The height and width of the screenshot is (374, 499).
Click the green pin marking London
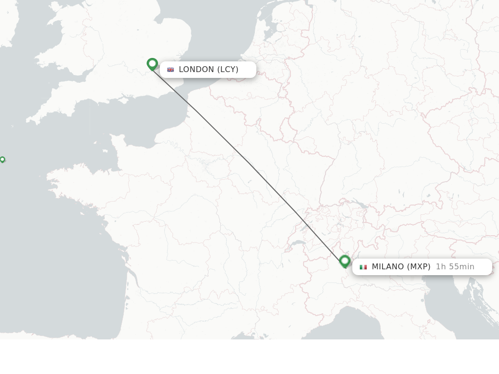coord(152,64)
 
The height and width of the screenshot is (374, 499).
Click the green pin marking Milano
coord(345,262)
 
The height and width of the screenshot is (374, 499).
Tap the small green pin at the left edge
coord(2,159)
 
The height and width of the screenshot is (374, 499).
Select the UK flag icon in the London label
coord(171,70)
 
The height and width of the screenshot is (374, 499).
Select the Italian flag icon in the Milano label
coord(363,267)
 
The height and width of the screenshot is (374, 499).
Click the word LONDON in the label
coord(196,70)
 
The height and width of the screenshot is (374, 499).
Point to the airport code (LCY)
coord(228,70)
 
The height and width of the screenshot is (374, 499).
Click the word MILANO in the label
coord(388,267)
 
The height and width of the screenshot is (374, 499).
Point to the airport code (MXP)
coord(419,267)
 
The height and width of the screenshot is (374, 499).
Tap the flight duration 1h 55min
coord(455,267)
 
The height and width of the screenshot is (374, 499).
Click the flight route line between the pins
coord(249,163)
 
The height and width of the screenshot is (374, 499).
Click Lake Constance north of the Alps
coord(360,204)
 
